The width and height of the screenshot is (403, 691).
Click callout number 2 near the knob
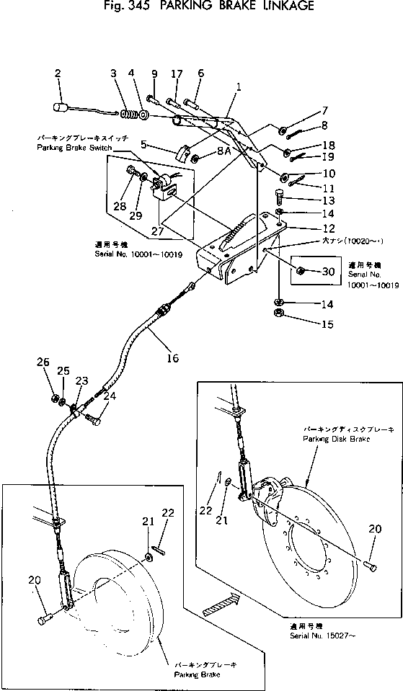[x=58, y=73]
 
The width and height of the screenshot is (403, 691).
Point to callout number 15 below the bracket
[x=327, y=324]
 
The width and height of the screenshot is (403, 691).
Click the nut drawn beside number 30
[x=304, y=271]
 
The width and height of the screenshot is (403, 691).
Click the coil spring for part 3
[x=129, y=115]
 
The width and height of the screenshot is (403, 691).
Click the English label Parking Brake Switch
[x=70, y=147]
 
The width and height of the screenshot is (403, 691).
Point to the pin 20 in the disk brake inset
[x=369, y=566]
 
